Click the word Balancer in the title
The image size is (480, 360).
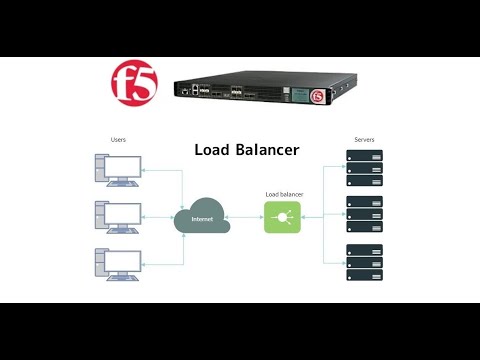click(268, 150)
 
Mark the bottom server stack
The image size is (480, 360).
click(364, 262)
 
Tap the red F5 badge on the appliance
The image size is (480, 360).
click(319, 96)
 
